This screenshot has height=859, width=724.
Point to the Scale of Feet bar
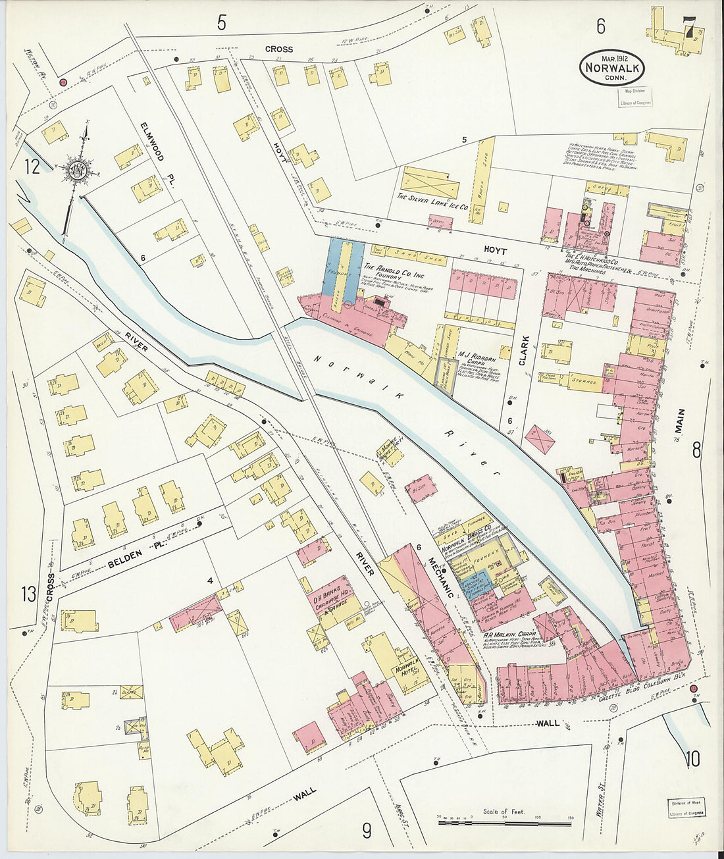pos(504,822)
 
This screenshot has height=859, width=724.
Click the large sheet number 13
pos(28,595)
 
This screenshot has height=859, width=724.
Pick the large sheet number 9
pos(367,831)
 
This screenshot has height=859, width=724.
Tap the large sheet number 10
pos(692,759)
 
